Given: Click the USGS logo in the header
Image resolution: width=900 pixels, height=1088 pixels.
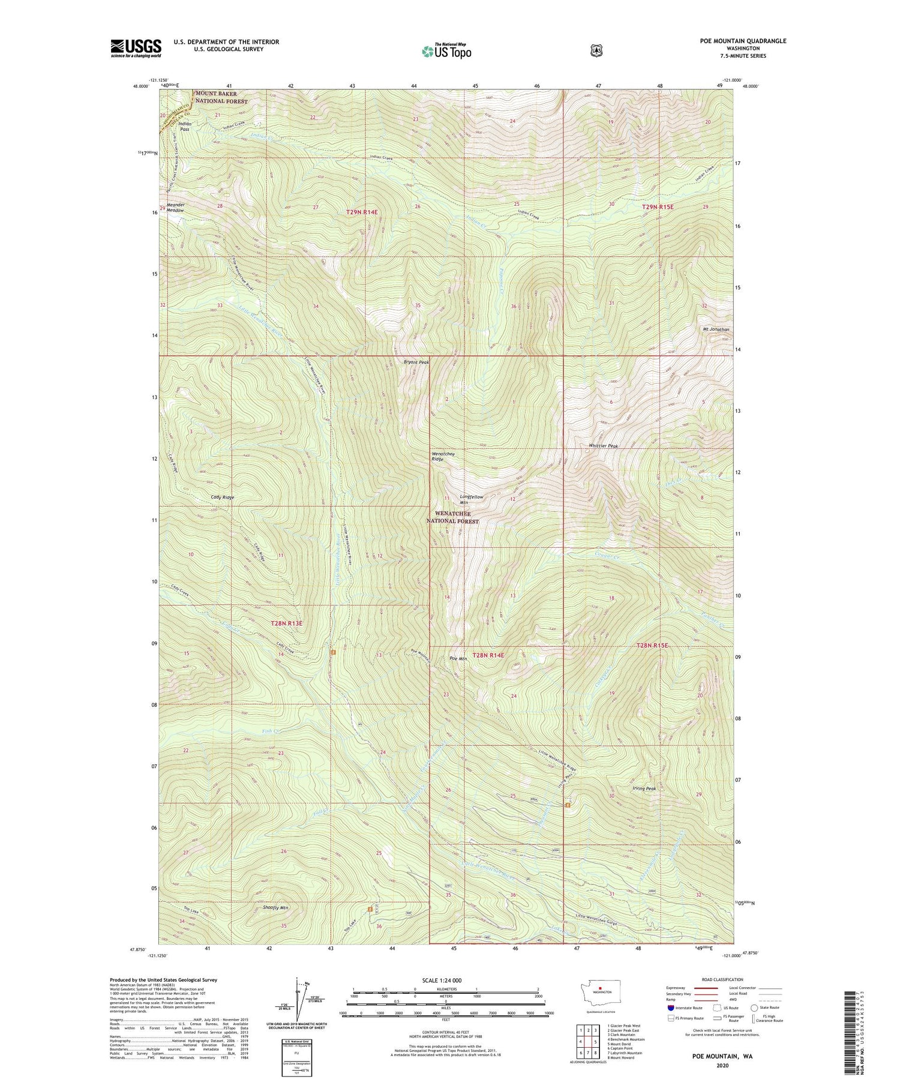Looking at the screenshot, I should pos(136,48).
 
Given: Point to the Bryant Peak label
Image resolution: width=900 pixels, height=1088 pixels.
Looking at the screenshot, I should pos(416,362).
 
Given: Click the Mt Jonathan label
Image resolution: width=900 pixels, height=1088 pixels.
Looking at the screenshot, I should pos(716,329).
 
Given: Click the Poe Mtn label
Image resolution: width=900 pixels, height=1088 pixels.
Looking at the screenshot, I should pos(458,659).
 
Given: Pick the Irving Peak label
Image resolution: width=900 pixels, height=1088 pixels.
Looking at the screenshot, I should pos(644,789).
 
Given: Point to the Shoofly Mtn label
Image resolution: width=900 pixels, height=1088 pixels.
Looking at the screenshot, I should pos(276,908).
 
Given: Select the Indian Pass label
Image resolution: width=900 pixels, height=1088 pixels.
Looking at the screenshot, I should pos(185,127).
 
